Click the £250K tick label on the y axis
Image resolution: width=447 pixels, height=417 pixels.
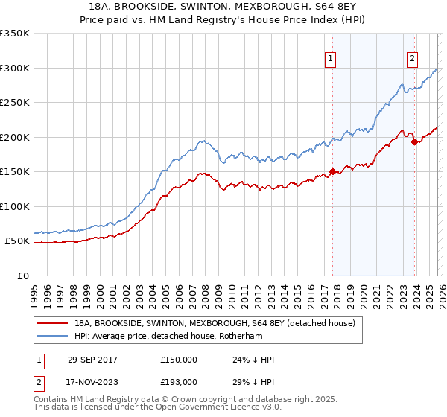(x=15, y=102)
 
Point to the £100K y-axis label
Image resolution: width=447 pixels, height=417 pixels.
(x=15, y=206)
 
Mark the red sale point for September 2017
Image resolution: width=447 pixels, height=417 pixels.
(x=332, y=172)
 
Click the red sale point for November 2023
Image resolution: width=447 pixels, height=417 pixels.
(x=414, y=142)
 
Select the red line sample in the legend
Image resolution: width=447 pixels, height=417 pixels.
(x=53, y=323)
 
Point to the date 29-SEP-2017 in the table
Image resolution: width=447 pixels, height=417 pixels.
(x=92, y=360)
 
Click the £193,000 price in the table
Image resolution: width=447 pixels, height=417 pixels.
(x=178, y=381)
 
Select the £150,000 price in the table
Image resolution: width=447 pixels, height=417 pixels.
(x=178, y=360)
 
